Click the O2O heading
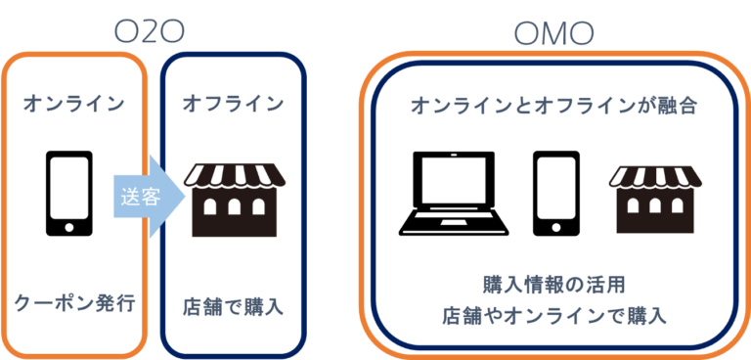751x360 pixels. [x=150, y=32]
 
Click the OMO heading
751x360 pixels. [x=554, y=35]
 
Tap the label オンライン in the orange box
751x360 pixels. [x=74, y=103]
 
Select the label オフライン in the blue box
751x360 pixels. [x=233, y=103]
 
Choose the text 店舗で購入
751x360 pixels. [x=233, y=306]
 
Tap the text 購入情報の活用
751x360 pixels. [x=553, y=285]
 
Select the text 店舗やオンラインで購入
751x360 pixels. [x=553, y=316]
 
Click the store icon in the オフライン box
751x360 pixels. [x=234, y=201]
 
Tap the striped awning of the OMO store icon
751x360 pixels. [x=656, y=176]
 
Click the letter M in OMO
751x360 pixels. [x=554, y=35]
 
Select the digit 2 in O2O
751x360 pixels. [x=150, y=32]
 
